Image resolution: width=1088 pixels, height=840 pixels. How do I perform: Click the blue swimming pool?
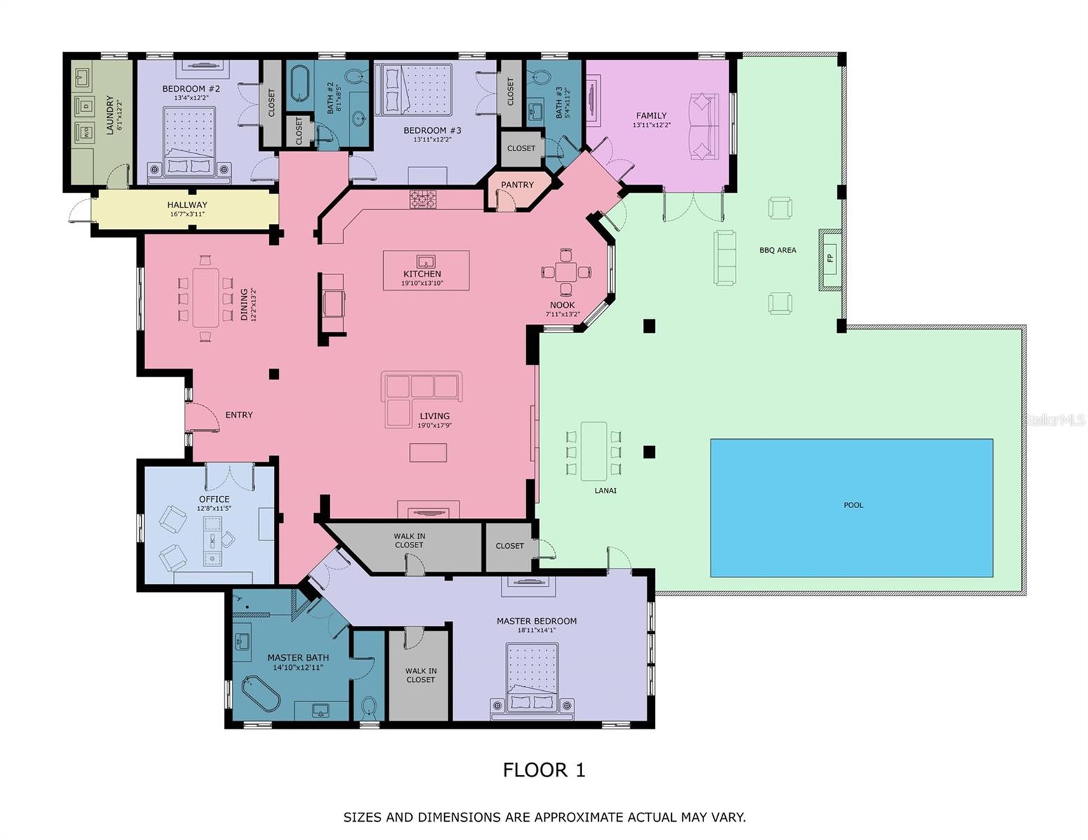851,507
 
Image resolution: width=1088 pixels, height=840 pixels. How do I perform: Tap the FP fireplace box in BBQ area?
830,258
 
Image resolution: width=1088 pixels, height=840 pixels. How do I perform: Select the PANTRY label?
517,185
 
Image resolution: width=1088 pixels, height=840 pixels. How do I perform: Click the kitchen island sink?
425,262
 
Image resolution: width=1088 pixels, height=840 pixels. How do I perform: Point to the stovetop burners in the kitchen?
422,199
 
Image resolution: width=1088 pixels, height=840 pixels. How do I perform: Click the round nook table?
566,272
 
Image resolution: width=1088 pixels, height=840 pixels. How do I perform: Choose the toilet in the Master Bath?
369,707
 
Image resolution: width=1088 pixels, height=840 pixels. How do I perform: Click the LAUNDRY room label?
109,115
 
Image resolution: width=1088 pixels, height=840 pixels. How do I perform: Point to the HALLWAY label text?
187,205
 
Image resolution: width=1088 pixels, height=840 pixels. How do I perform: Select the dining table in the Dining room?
205,297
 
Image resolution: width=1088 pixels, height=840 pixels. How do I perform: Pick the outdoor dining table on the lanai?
593,451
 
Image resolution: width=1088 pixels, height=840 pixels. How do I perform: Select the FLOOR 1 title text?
544,770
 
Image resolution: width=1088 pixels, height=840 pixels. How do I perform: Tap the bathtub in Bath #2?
300,85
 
